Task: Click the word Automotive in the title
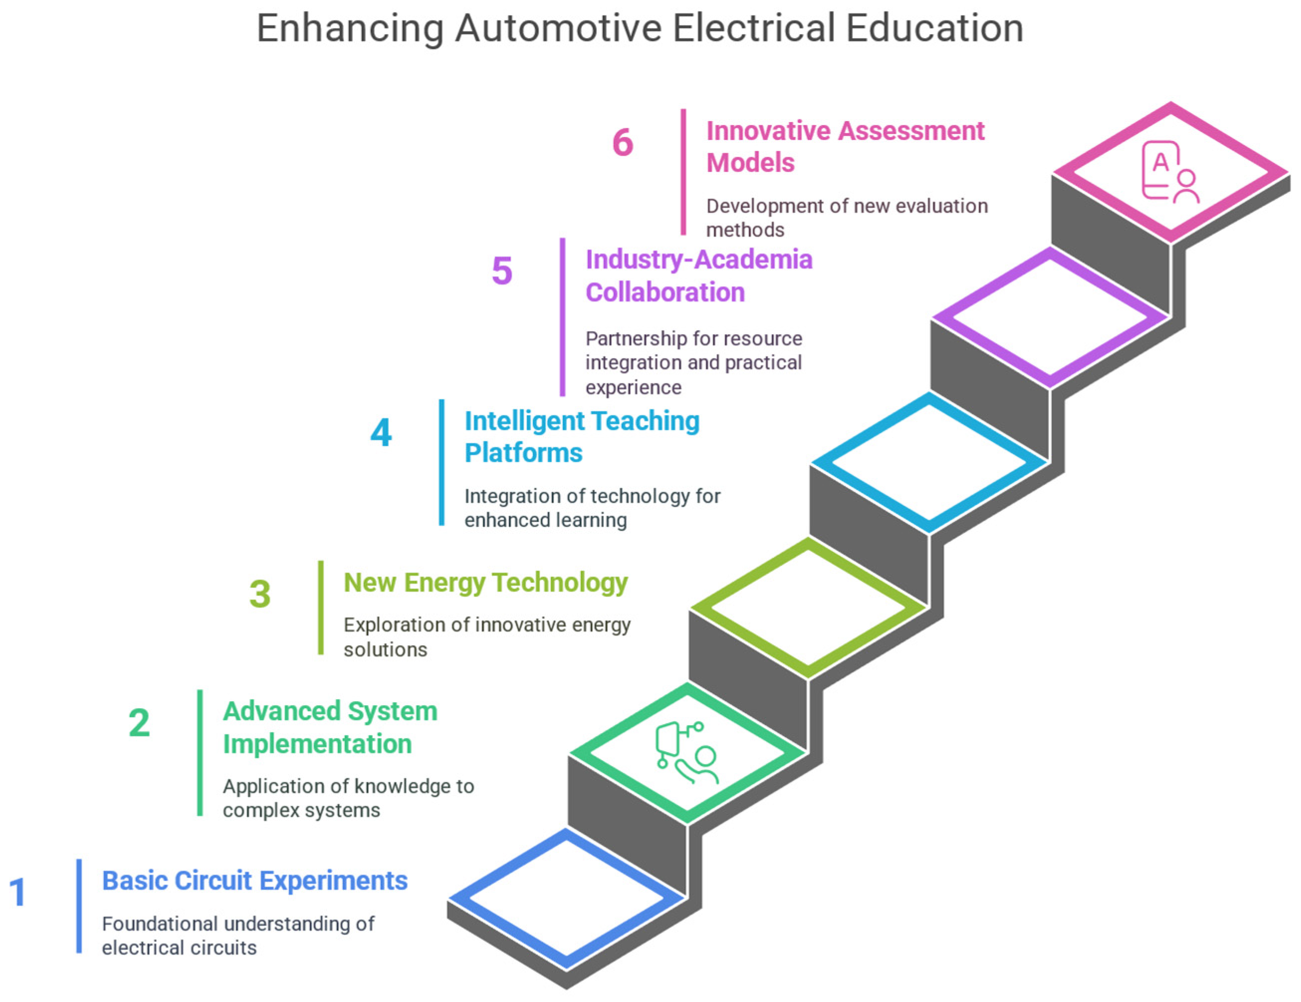558,28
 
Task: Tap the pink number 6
623,142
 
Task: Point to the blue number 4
381,432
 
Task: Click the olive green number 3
260,594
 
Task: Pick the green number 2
139,723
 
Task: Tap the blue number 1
18,892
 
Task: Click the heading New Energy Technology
485,582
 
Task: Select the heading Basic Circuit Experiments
254,880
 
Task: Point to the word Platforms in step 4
523,453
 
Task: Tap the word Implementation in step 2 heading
317,744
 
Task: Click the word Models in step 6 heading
750,163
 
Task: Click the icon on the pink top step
1169,172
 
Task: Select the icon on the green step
686,753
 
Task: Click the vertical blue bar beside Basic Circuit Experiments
79,905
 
